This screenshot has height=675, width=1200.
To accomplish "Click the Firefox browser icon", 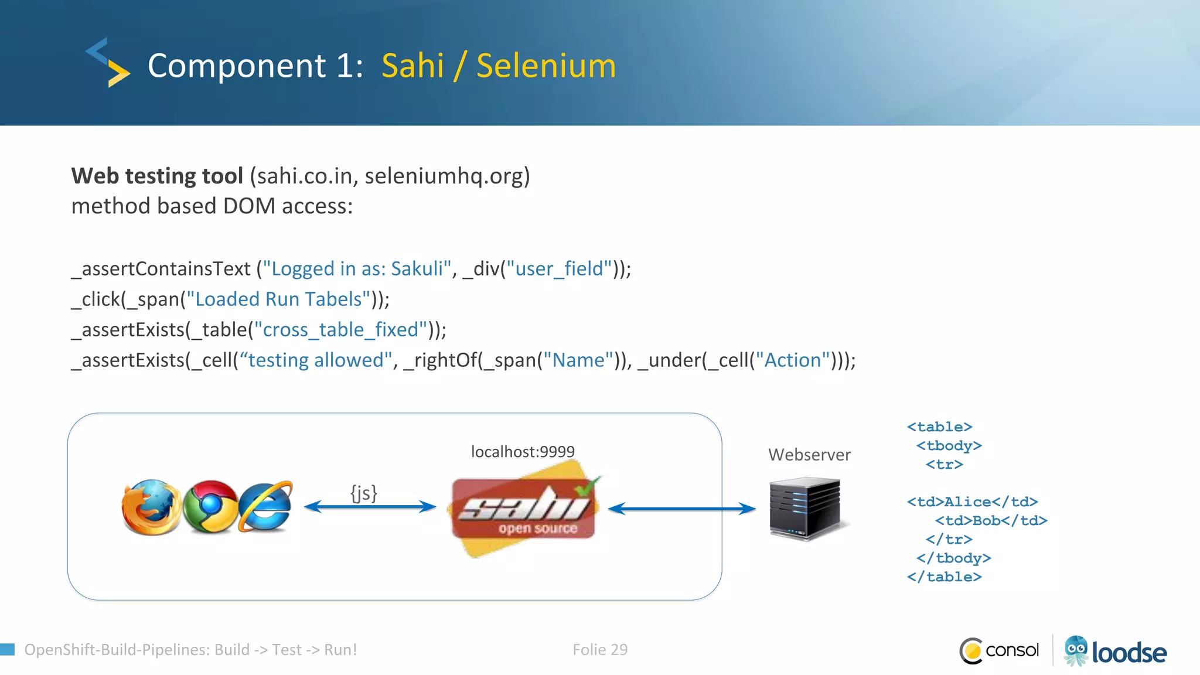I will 151,507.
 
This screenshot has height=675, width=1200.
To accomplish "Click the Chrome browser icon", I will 210,507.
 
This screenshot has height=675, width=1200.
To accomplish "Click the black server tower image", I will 805,508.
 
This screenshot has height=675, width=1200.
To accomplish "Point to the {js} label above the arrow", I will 364,493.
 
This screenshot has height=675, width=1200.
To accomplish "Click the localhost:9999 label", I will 523,452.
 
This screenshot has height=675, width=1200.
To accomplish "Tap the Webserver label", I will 809,455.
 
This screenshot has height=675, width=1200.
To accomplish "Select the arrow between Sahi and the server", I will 682,509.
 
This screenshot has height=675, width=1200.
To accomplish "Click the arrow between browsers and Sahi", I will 370,507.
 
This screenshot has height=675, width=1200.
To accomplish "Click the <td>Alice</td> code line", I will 972,502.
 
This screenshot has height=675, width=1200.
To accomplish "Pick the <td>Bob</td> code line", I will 991,521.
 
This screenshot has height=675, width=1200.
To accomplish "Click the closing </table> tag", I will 944,577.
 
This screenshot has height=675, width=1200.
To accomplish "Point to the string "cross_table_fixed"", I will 340,330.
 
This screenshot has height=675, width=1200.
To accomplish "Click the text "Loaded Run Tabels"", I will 278,299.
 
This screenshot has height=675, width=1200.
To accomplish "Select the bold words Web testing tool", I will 157,176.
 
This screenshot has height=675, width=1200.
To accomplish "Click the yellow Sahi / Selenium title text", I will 499,66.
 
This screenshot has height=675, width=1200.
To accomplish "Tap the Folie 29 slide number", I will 600,650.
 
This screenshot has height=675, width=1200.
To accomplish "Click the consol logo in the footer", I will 1000,650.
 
